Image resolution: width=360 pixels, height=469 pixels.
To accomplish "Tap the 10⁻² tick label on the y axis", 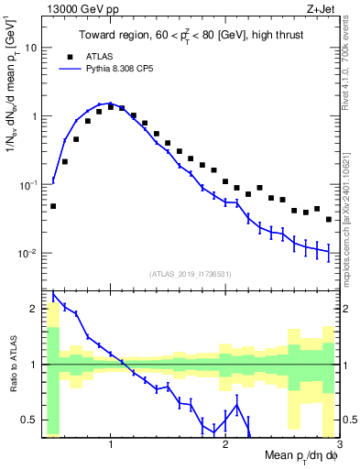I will pyautogui.click(x=27, y=254).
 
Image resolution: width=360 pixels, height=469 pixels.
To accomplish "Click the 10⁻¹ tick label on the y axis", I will pyautogui.click(x=27, y=185).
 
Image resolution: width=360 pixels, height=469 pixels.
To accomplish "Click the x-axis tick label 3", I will pyautogui.click(x=338, y=443).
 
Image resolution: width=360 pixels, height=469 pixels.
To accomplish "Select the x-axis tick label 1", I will pyautogui.click(x=111, y=443).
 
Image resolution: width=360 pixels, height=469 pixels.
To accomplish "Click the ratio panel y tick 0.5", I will pyautogui.click(x=30, y=420).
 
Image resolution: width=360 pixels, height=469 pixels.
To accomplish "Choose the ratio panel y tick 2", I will pyautogui.click(x=34, y=309).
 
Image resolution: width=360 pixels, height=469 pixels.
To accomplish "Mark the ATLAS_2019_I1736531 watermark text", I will pyautogui.click(x=191, y=274).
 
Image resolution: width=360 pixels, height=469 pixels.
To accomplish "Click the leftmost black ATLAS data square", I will pyautogui.click(x=53, y=206).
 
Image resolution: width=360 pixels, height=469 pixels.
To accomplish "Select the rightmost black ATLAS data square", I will pyautogui.click(x=329, y=220).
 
